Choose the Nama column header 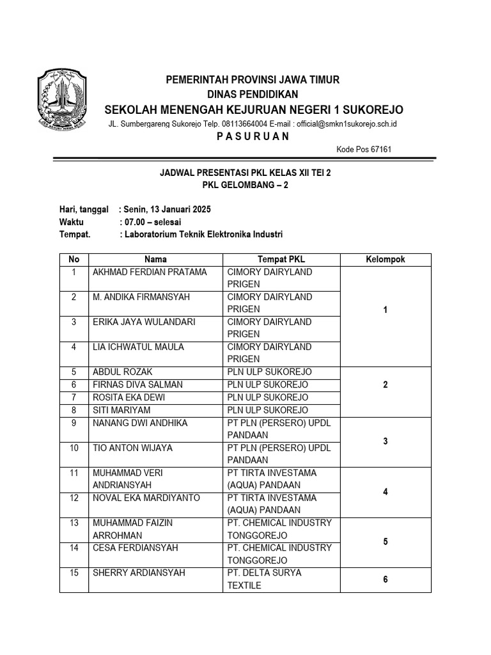click(155, 260)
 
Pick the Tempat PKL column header click(281, 260)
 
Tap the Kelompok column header click(385, 260)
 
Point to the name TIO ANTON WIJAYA click(132, 448)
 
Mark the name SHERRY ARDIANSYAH click(139, 572)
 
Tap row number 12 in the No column click(74, 498)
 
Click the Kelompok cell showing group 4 click(385, 492)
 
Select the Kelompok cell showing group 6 click(385, 580)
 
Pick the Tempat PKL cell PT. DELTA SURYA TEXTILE click(264, 579)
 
